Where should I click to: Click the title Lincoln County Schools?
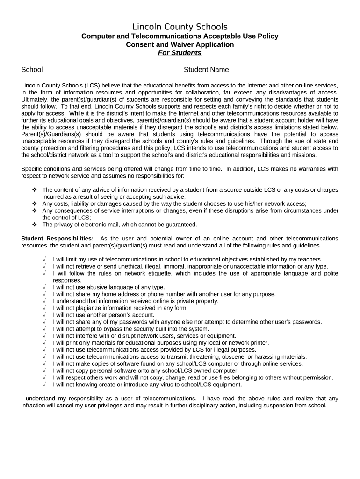tap(180, 27)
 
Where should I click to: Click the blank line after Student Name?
tap(276, 71)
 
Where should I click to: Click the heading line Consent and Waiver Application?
tap(180, 44)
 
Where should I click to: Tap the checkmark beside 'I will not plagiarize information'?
tap(43, 308)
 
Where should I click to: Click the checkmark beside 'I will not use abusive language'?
tap(43, 287)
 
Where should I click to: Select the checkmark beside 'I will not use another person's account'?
tap(43, 315)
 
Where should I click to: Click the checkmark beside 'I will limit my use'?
tap(43, 259)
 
